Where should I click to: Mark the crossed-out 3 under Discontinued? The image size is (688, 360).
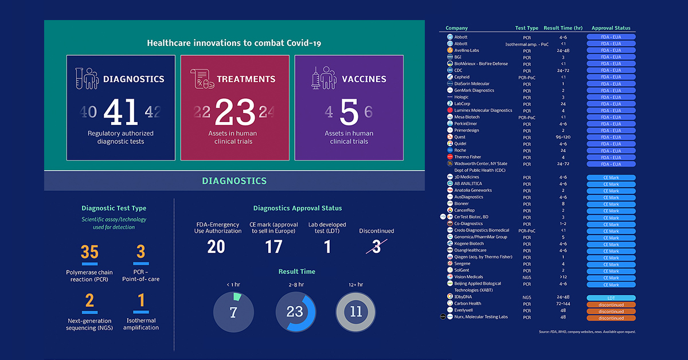(376, 246)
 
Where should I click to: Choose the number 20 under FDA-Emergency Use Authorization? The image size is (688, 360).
(216, 246)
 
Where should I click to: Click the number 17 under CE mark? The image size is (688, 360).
(273, 246)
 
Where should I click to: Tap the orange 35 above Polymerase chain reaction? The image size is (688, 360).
(89, 252)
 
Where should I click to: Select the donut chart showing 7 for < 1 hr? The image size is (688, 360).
(233, 312)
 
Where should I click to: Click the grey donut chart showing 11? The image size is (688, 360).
(355, 312)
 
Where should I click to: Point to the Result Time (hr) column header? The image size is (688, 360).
(563, 28)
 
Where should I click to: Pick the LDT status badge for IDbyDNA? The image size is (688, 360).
(611, 298)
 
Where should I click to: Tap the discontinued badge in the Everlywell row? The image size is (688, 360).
(611, 311)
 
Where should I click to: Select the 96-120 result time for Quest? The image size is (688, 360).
(563, 137)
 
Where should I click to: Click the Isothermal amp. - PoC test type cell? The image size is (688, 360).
(526, 44)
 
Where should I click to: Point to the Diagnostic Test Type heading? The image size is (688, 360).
(114, 208)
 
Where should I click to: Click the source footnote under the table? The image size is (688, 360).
(587, 332)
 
